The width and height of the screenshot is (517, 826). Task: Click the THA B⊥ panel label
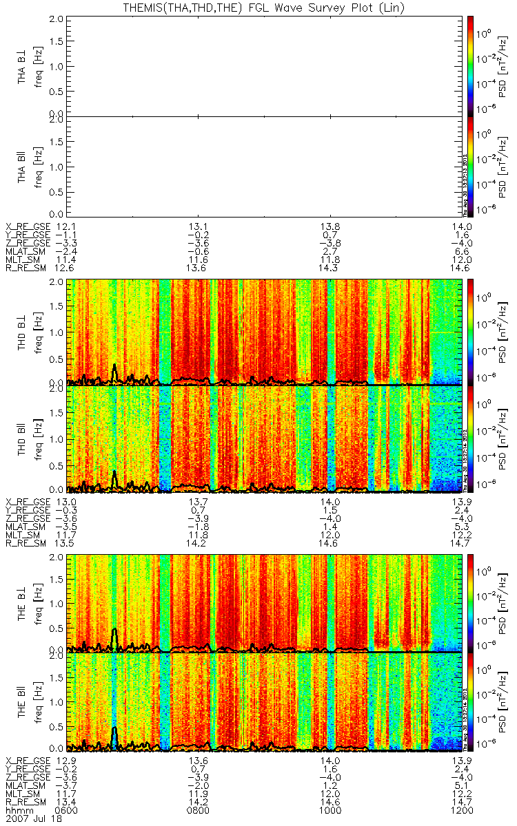23,66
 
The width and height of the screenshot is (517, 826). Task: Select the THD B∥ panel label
23,438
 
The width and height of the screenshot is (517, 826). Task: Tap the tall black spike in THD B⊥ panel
114,370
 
